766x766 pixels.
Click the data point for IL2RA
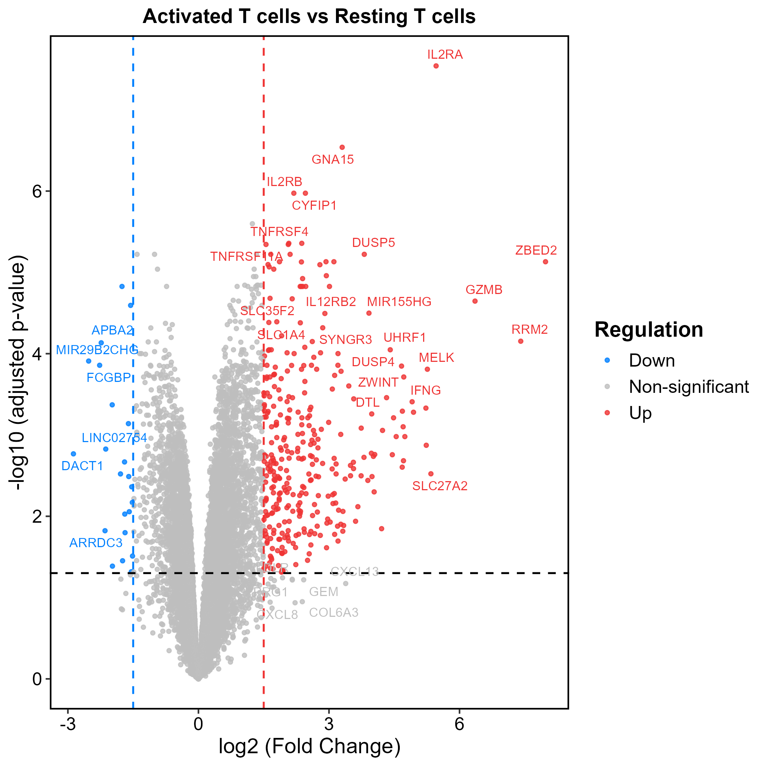pos(436,66)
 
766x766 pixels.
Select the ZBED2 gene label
pos(536,250)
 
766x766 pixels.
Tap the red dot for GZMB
pos(475,301)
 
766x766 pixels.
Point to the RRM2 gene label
pos(529,329)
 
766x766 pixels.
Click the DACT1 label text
pos(82,466)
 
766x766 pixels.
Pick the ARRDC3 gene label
pos(96,543)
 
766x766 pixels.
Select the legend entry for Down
pos(652,361)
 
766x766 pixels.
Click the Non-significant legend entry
pos(689,387)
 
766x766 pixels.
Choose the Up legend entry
pos(640,413)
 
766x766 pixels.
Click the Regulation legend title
pos(649,330)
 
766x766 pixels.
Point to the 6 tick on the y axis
pos(37,191)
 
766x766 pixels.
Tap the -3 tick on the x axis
pos(68,724)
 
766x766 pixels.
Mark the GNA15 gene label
pos(333,160)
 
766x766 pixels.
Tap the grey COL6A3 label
pos(333,613)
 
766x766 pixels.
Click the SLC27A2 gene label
pos(440,486)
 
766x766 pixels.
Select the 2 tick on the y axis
pos(37,517)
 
